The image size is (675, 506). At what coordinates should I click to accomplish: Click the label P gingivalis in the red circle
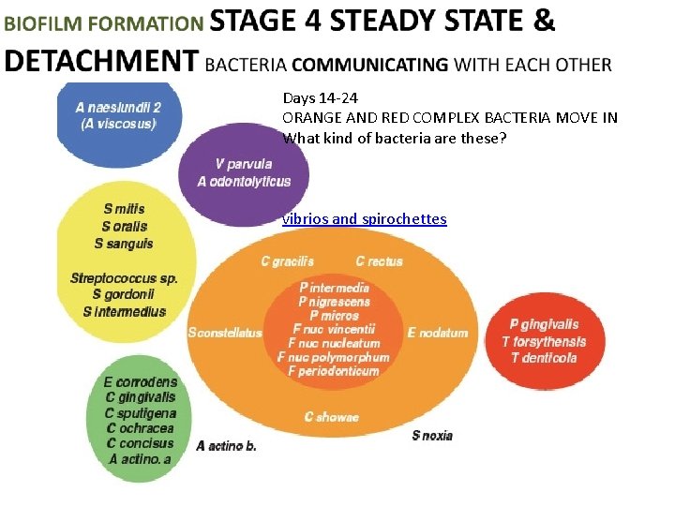pyautogui.click(x=546, y=325)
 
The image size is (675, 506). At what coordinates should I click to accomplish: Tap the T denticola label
pyautogui.click(x=544, y=357)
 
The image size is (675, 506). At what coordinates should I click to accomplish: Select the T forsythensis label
pyautogui.click(x=544, y=341)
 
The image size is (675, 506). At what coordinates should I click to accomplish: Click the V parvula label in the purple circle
pyautogui.click(x=244, y=164)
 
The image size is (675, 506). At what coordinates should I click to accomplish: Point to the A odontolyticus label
pyautogui.click(x=244, y=181)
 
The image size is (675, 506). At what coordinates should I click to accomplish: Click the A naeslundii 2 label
pyautogui.click(x=118, y=108)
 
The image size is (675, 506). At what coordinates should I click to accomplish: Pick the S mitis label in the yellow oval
pyautogui.click(x=124, y=209)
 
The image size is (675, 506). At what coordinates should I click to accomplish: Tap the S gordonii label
pyautogui.click(x=124, y=294)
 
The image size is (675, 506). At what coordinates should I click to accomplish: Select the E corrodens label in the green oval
pyautogui.click(x=140, y=381)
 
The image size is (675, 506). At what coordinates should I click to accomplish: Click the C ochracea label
pyautogui.click(x=140, y=427)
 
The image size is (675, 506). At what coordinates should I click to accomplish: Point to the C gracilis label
pyautogui.click(x=287, y=260)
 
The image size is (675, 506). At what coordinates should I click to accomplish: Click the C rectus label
pyautogui.click(x=379, y=260)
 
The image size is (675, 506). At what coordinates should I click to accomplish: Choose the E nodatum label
pyautogui.click(x=437, y=333)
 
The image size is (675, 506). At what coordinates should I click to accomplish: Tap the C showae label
pyautogui.click(x=331, y=417)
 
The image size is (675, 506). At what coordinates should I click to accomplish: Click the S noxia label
pyautogui.click(x=432, y=435)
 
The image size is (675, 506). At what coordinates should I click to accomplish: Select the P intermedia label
pyautogui.click(x=334, y=288)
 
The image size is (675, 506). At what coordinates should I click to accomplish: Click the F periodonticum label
pyautogui.click(x=334, y=371)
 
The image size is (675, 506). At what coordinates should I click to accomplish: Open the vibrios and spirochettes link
pyautogui.click(x=364, y=219)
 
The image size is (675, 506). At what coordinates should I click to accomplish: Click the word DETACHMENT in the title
pyautogui.click(x=100, y=61)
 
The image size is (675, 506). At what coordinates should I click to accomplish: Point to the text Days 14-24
pyautogui.click(x=320, y=97)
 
